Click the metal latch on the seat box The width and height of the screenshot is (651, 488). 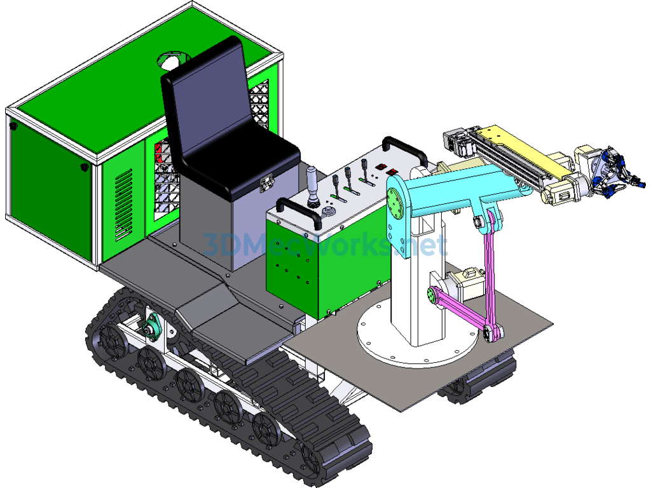[266, 182]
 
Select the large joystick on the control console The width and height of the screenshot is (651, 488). [313, 186]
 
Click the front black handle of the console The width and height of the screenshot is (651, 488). [299, 210]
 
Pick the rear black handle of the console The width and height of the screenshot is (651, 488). [405, 149]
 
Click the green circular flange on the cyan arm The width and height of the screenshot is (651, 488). [395, 203]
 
